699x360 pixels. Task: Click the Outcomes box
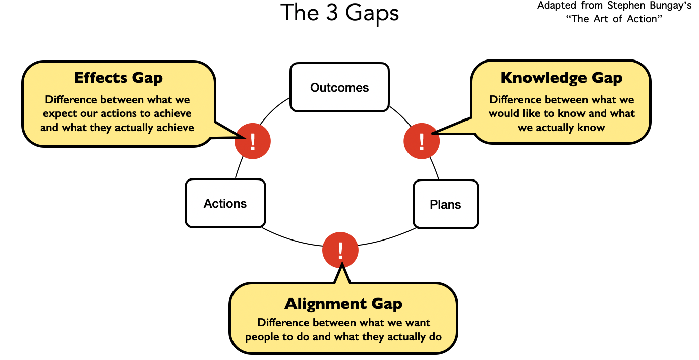[x=339, y=87]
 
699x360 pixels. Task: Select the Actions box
[x=225, y=203]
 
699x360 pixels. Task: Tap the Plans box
[x=445, y=204]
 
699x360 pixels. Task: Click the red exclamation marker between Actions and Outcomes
[x=253, y=141]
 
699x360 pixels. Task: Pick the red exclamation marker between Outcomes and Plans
[x=422, y=141]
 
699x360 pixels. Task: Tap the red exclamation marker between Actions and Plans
[x=340, y=250]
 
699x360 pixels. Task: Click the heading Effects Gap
[x=118, y=78]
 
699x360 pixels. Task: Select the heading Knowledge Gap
[x=561, y=78]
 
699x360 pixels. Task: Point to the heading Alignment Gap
[x=343, y=304]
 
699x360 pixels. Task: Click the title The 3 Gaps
[x=340, y=13]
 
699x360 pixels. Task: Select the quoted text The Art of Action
[x=614, y=19]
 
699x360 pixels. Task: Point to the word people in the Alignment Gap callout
[x=261, y=336]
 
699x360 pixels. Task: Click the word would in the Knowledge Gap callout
[x=503, y=113]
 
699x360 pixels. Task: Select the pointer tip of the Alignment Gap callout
[x=341, y=264]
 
